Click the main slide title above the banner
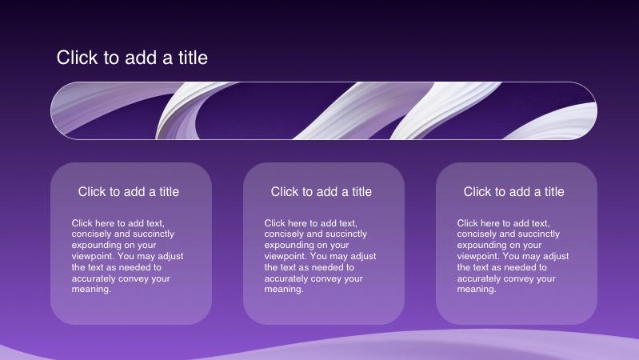pos(132,58)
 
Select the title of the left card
pos(129,192)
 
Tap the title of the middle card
pos(321,192)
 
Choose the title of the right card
pos(514,192)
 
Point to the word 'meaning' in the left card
pos(90,290)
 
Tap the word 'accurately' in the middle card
pos(284,279)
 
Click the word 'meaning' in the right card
pos(476,290)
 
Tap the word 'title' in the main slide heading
pos(193,58)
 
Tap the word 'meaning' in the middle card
pos(283,290)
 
